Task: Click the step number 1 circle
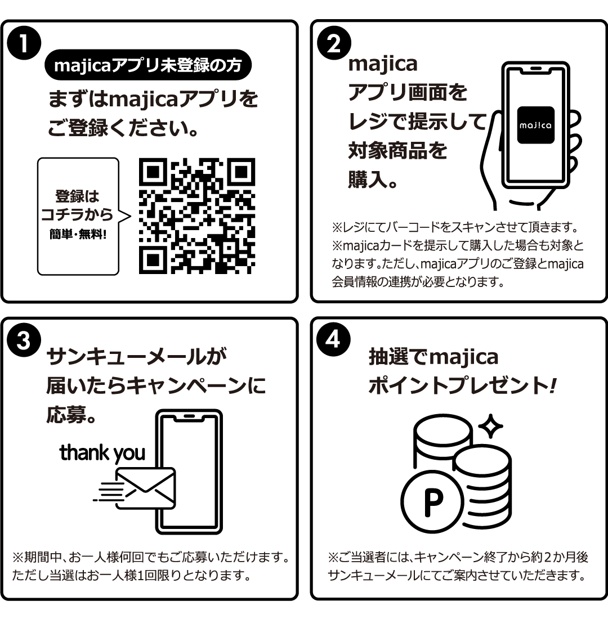click(24, 44)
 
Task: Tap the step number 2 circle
click(334, 44)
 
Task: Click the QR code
click(196, 216)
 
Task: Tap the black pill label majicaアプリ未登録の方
click(147, 66)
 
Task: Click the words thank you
click(102, 452)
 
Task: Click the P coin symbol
click(432, 504)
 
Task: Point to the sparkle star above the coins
click(490, 427)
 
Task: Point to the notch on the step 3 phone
click(189, 417)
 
